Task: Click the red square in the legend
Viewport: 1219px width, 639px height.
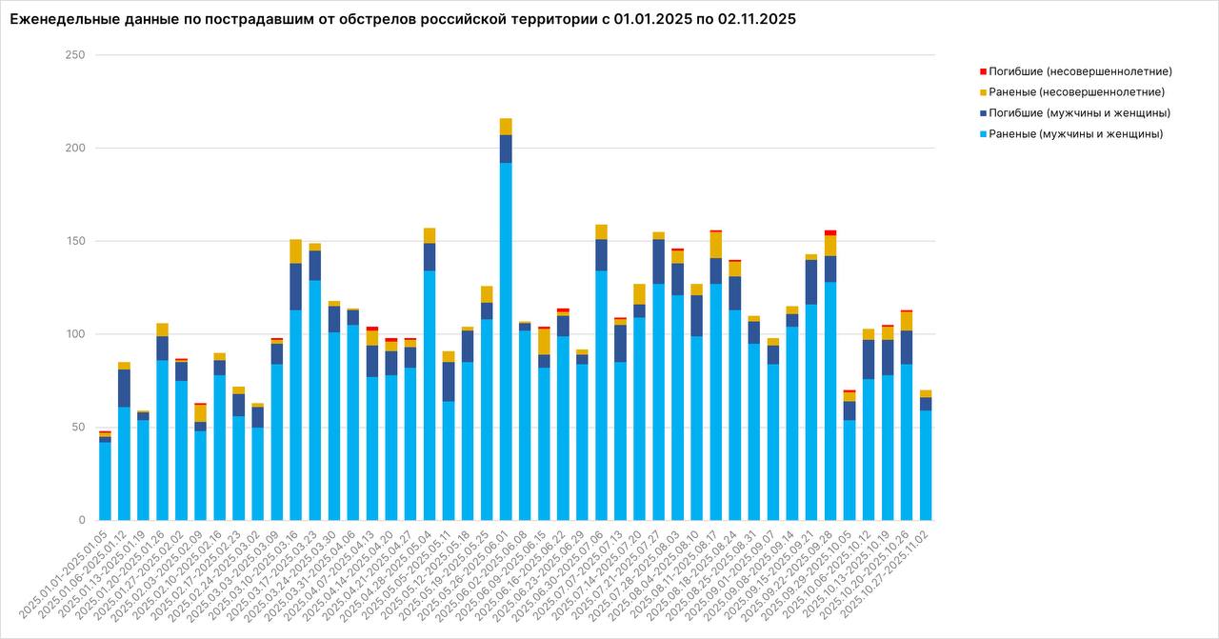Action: point(983,71)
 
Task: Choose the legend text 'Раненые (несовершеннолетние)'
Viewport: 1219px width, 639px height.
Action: point(1076,92)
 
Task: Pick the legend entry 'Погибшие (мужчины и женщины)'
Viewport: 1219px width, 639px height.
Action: point(1079,113)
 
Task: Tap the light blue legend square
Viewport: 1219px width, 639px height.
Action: point(983,134)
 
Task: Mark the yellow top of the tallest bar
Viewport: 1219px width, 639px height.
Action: point(506,126)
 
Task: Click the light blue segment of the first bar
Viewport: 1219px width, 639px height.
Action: point(105,481)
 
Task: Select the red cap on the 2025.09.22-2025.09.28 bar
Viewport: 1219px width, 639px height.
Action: point(830,232)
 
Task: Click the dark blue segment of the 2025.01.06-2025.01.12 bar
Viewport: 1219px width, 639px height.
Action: point(124,388)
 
